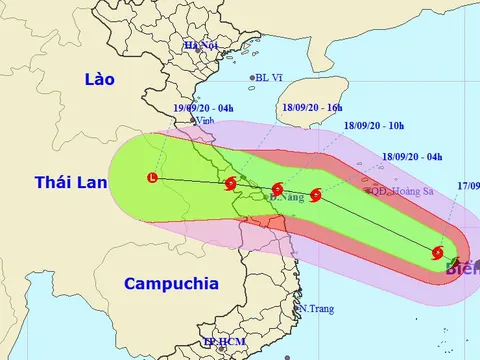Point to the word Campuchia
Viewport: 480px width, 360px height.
(171, 285)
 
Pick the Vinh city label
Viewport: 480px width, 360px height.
(206, 121)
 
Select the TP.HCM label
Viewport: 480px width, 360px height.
(221, 343)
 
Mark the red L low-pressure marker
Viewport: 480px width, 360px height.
(152, 178)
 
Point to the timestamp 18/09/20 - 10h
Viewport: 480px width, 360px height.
(372, 128)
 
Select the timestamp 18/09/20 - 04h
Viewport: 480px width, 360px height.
(412, 157)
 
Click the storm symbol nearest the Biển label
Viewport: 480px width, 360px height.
(438, 253)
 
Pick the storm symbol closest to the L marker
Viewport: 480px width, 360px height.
(231, 184)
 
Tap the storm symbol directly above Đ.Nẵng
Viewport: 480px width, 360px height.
(277, 188)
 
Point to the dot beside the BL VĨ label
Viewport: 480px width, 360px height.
(252, 77)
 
